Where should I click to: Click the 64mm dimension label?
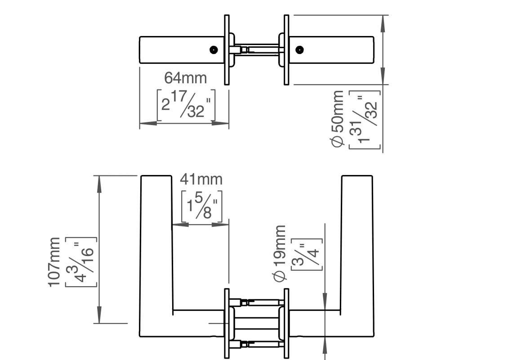(185, 78)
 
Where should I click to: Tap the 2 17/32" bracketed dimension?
(186, 105)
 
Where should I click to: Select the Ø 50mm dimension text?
(337, 119)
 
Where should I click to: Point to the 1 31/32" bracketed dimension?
(365, 120)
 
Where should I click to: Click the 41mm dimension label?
(201, 180)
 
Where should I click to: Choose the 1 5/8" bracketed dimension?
(201, 206)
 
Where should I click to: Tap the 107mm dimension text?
(54, 262)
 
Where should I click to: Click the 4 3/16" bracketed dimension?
(81, 262)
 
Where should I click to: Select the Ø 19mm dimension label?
(280, 254)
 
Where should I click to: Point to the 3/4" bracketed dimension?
(307, 255)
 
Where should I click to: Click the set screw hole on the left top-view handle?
(214, 50)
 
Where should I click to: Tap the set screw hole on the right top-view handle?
(300, 50)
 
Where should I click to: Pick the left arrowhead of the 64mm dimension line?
(148, 123)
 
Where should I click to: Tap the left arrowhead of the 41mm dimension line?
(180, 224)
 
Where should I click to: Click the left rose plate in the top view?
(227, 50)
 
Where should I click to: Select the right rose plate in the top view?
(286, 50)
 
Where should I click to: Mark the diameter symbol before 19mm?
(280, 277)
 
